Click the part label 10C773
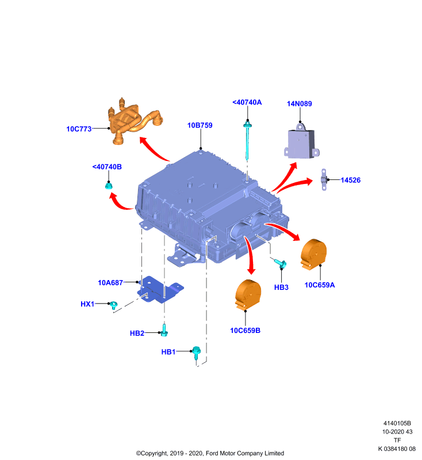(79, 129)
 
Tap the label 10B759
(200, 125)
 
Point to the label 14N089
(299, 103)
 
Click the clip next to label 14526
(324, 179)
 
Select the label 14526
(351, 180)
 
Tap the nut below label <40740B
(109, 185)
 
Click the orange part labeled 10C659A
(313, 254)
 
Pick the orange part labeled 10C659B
(248, 295)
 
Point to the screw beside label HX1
(113, 305)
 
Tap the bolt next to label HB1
(196, 352)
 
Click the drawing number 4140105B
(397, 423)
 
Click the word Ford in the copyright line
(212, 453)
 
